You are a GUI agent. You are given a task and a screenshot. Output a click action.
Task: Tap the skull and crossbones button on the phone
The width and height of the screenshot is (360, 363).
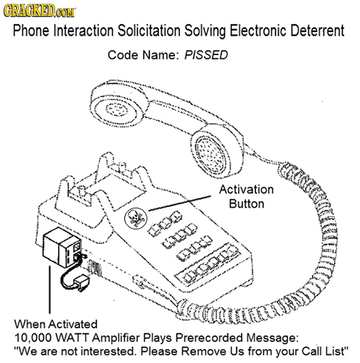click(x=136, y=216)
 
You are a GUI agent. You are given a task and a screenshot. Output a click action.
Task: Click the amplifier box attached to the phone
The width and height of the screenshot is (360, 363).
click(x=61, y=248)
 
